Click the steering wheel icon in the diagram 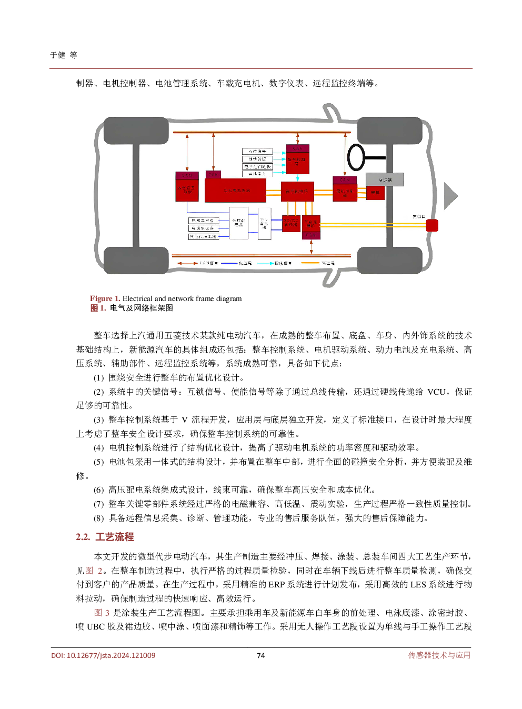click(x=356, y=157)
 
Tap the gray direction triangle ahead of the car click(x=450, y=196)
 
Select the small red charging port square click(x=432, y=225)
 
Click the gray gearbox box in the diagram click(x=385, y=179)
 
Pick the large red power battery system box click(x=235, y=191)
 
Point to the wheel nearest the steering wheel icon click(x=390, y=131)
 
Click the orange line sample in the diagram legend click(x=310, y=263)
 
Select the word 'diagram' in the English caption click(x=229, y=298)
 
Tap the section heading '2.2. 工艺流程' click(x=105, y=537)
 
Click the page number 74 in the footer click(x=260, y=655)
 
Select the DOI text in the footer click(x=103, y=655)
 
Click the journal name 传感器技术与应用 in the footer click(x=439, y=655)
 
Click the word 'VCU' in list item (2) click(x=436, y=392)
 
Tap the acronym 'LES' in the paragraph click(x=418, y=584)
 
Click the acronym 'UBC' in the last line click(x=96, y=626)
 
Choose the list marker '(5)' click(x=99, y=462)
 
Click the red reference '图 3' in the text click(x=102, y=613)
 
